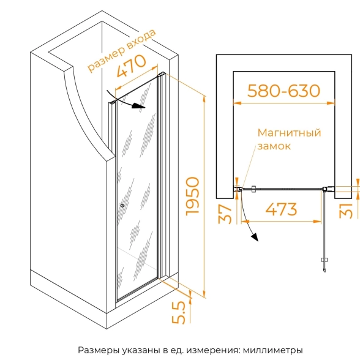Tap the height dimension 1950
192,197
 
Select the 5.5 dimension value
178,313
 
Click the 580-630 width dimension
283,91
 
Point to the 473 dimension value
281,209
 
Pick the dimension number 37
225,214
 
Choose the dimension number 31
346,211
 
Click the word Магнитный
289,133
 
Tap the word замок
274,146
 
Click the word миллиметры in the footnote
273,350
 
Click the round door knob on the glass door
122,206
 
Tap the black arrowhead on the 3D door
138,107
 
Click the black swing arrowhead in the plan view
255,237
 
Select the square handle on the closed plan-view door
253,189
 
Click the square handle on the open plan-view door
324,260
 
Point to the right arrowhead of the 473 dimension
317,222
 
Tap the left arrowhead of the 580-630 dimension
237,103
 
